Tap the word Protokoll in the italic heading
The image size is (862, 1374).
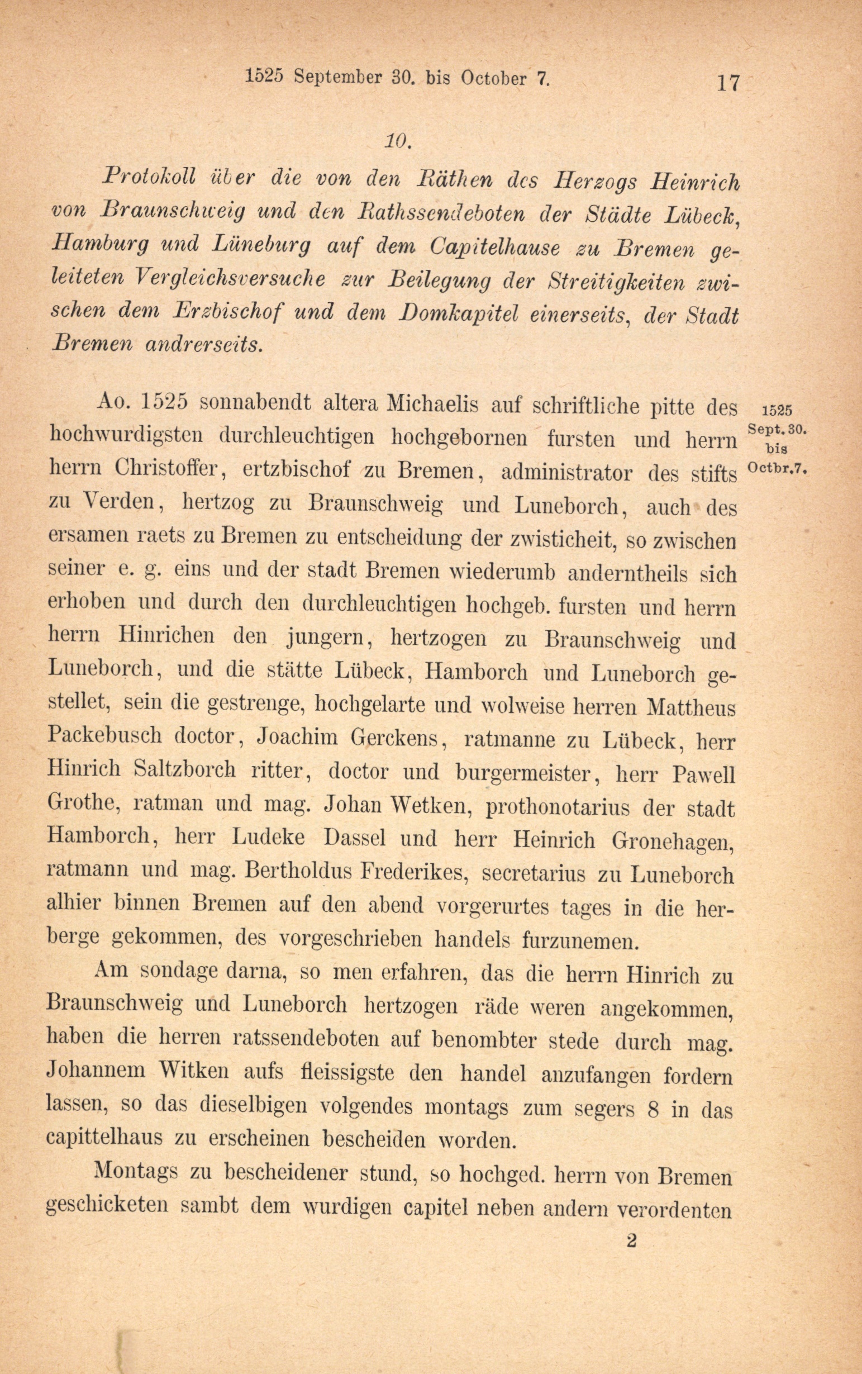pyautogui.click(x=149, y=177)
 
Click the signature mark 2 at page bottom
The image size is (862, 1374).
pyautogui.click(x=631, y=1240)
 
